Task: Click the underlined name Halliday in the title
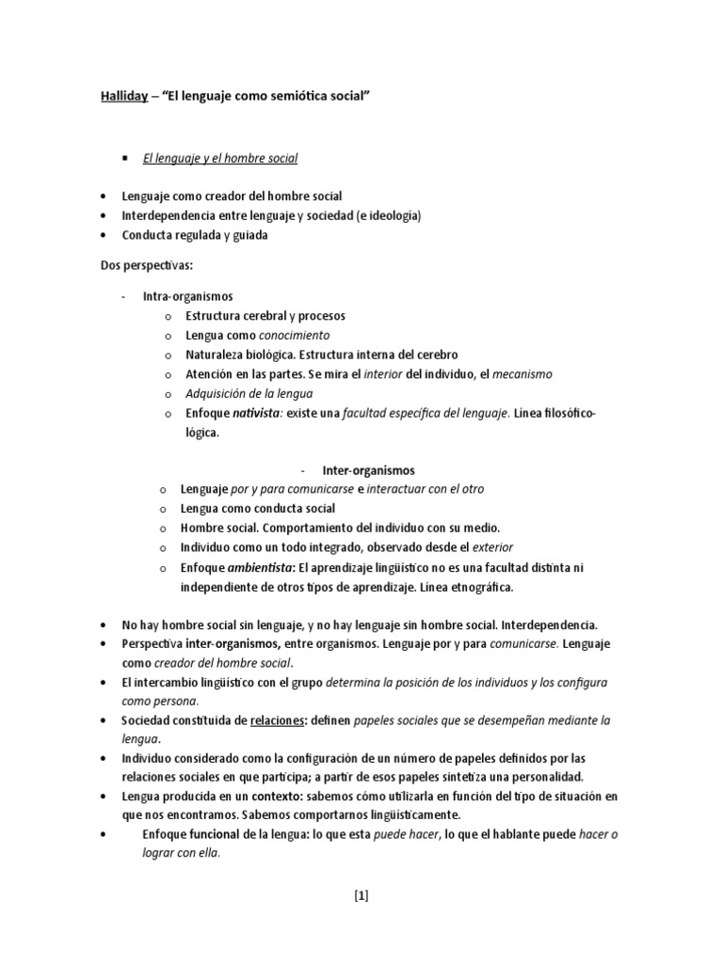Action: pos(123,97)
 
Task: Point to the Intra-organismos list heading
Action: pos(187,296)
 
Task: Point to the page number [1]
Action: pos(361,895)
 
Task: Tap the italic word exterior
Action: pos(493,547)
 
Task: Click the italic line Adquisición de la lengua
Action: pos(249,394)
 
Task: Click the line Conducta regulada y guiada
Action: pos(194,235)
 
